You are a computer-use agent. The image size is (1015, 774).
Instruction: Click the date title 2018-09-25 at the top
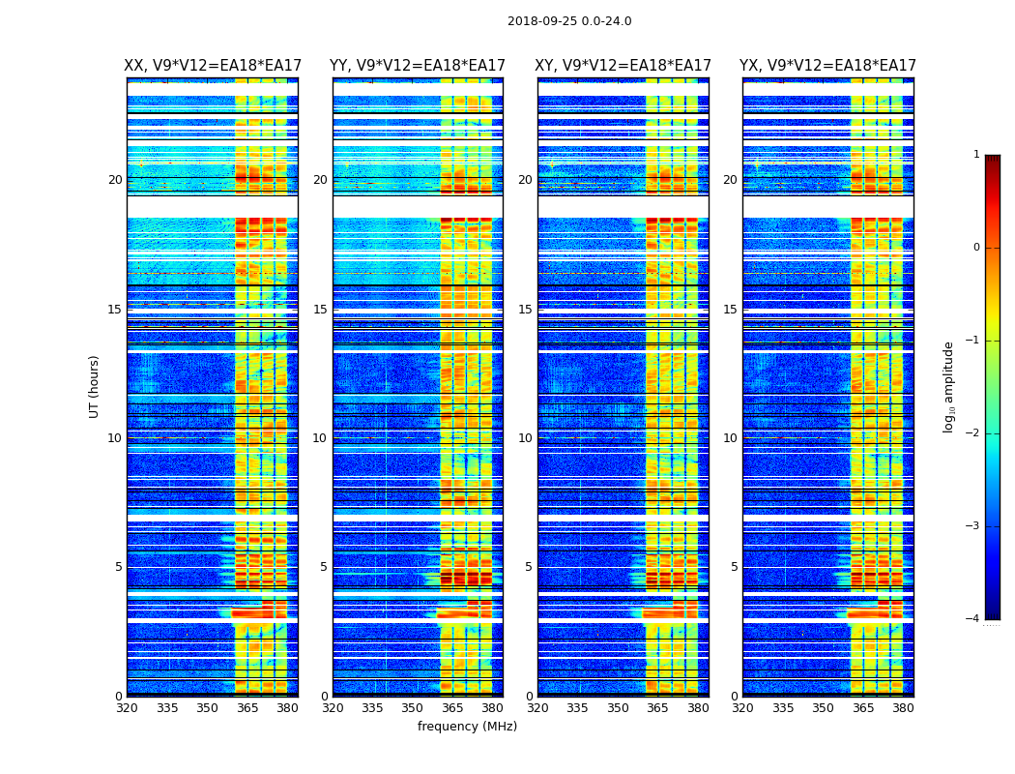click(568, 21)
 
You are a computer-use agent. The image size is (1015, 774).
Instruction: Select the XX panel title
click(213, 66)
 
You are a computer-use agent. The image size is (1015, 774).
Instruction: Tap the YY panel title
click(418, 66)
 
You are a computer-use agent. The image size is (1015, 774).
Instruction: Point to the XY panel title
click(623, 66)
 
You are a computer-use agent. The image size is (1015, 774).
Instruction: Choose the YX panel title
click(827, 66)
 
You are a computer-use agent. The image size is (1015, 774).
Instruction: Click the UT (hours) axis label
click(95, 386)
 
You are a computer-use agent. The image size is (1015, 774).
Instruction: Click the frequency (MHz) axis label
click(467, 727)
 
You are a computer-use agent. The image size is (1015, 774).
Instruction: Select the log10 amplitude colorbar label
click(949, 386)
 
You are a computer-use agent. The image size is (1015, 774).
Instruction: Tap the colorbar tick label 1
click(976, 155)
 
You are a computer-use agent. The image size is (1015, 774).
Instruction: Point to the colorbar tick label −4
click(973, 619)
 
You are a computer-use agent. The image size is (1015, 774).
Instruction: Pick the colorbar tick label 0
click(976, 248)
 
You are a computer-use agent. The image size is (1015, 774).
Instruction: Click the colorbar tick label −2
click(973, 433)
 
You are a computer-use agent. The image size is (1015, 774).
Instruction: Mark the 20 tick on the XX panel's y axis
click(115, 180)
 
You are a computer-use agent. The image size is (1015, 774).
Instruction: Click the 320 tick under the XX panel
click(127, 708)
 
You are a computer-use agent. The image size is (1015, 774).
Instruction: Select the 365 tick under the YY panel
click(453, 708)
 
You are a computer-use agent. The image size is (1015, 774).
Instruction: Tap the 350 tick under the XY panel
click(618, 708)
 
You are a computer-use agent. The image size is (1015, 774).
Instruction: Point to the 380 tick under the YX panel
click(903, 708)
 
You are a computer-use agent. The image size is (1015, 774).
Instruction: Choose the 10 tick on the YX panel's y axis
click(731, 438)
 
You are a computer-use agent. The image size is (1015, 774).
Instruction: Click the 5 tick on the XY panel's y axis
click(529, 567)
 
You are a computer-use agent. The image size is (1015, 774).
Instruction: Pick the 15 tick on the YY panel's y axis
click(320, 310)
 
